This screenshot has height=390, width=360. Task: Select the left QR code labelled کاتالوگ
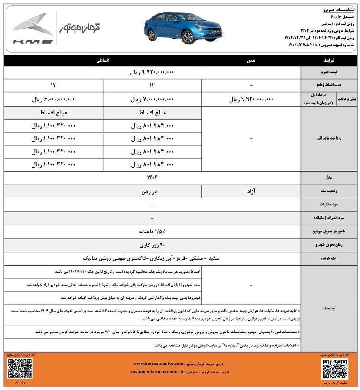(16, 368)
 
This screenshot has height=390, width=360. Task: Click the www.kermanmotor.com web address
(158, 363)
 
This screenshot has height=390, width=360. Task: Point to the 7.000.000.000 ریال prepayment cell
(152, 99)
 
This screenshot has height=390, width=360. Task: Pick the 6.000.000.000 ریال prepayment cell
(53, 99)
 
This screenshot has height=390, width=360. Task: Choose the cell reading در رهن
(152, 191)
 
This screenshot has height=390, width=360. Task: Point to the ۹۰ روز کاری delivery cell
(152, 245)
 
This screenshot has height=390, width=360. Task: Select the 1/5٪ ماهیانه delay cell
(152, 231)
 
